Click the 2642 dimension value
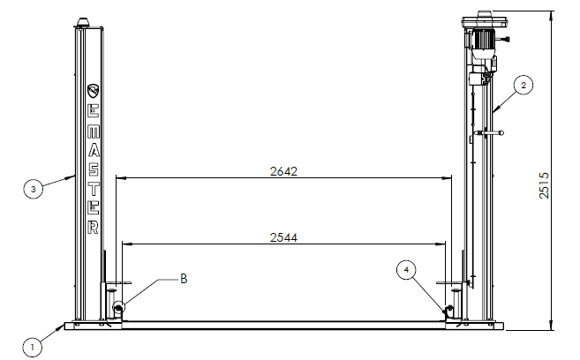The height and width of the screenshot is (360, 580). click(x=283, y=171)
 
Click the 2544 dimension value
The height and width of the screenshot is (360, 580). click(x=283, y=237)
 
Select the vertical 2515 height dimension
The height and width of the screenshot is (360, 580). click(x=544, y=185)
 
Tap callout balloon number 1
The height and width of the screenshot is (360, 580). click(x=32, y=348)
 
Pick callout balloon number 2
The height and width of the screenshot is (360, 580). click(x=524, y=85)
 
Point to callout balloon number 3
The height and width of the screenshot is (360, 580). click(x=34, y=189)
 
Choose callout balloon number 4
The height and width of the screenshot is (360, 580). click(x=406, y=270)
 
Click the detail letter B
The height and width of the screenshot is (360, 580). click(x=184, y=279)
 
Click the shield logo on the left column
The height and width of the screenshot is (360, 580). click(x=94, y=91)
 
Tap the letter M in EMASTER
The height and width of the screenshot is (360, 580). click(x=94, y=131)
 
